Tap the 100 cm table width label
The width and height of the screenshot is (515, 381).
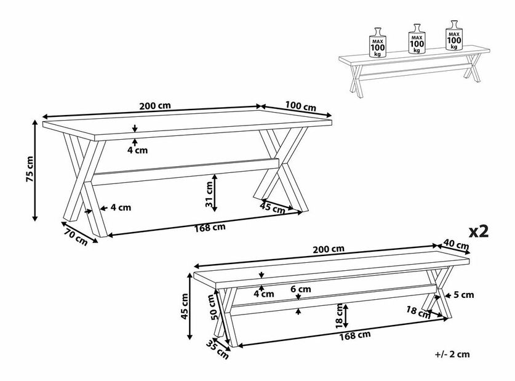[x=300, y=106]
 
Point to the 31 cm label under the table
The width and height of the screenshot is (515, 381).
[x=209, y=194]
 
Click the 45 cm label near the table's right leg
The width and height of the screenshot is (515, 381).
[x=273, y=208]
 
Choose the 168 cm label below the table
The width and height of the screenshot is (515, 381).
[x=210, y=227]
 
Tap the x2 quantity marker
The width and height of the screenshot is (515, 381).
[x=479, y=231]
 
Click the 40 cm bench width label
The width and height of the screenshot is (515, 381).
[x=456, y=244]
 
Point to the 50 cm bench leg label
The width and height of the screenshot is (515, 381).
[x=214, y=307]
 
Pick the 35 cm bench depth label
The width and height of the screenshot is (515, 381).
[x=217, y=349]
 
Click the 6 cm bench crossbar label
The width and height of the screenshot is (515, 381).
[x=300, y=289]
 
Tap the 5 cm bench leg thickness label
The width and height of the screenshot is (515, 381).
[x=464, y=295]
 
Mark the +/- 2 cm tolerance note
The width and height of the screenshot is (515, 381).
[x=452, y=354]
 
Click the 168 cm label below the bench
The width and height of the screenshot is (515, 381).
[x=355, y=335]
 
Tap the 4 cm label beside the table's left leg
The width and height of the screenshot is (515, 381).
[x=121, y=207]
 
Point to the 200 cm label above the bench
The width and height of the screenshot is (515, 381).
[x=329, y=249]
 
